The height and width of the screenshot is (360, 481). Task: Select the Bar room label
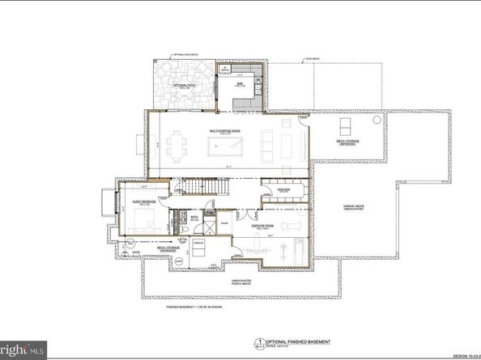[240, 83]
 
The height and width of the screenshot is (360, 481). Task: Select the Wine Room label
[271, 191]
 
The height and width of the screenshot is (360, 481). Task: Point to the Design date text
[462, 354]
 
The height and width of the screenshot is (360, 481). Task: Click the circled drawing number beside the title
[259, 343]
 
